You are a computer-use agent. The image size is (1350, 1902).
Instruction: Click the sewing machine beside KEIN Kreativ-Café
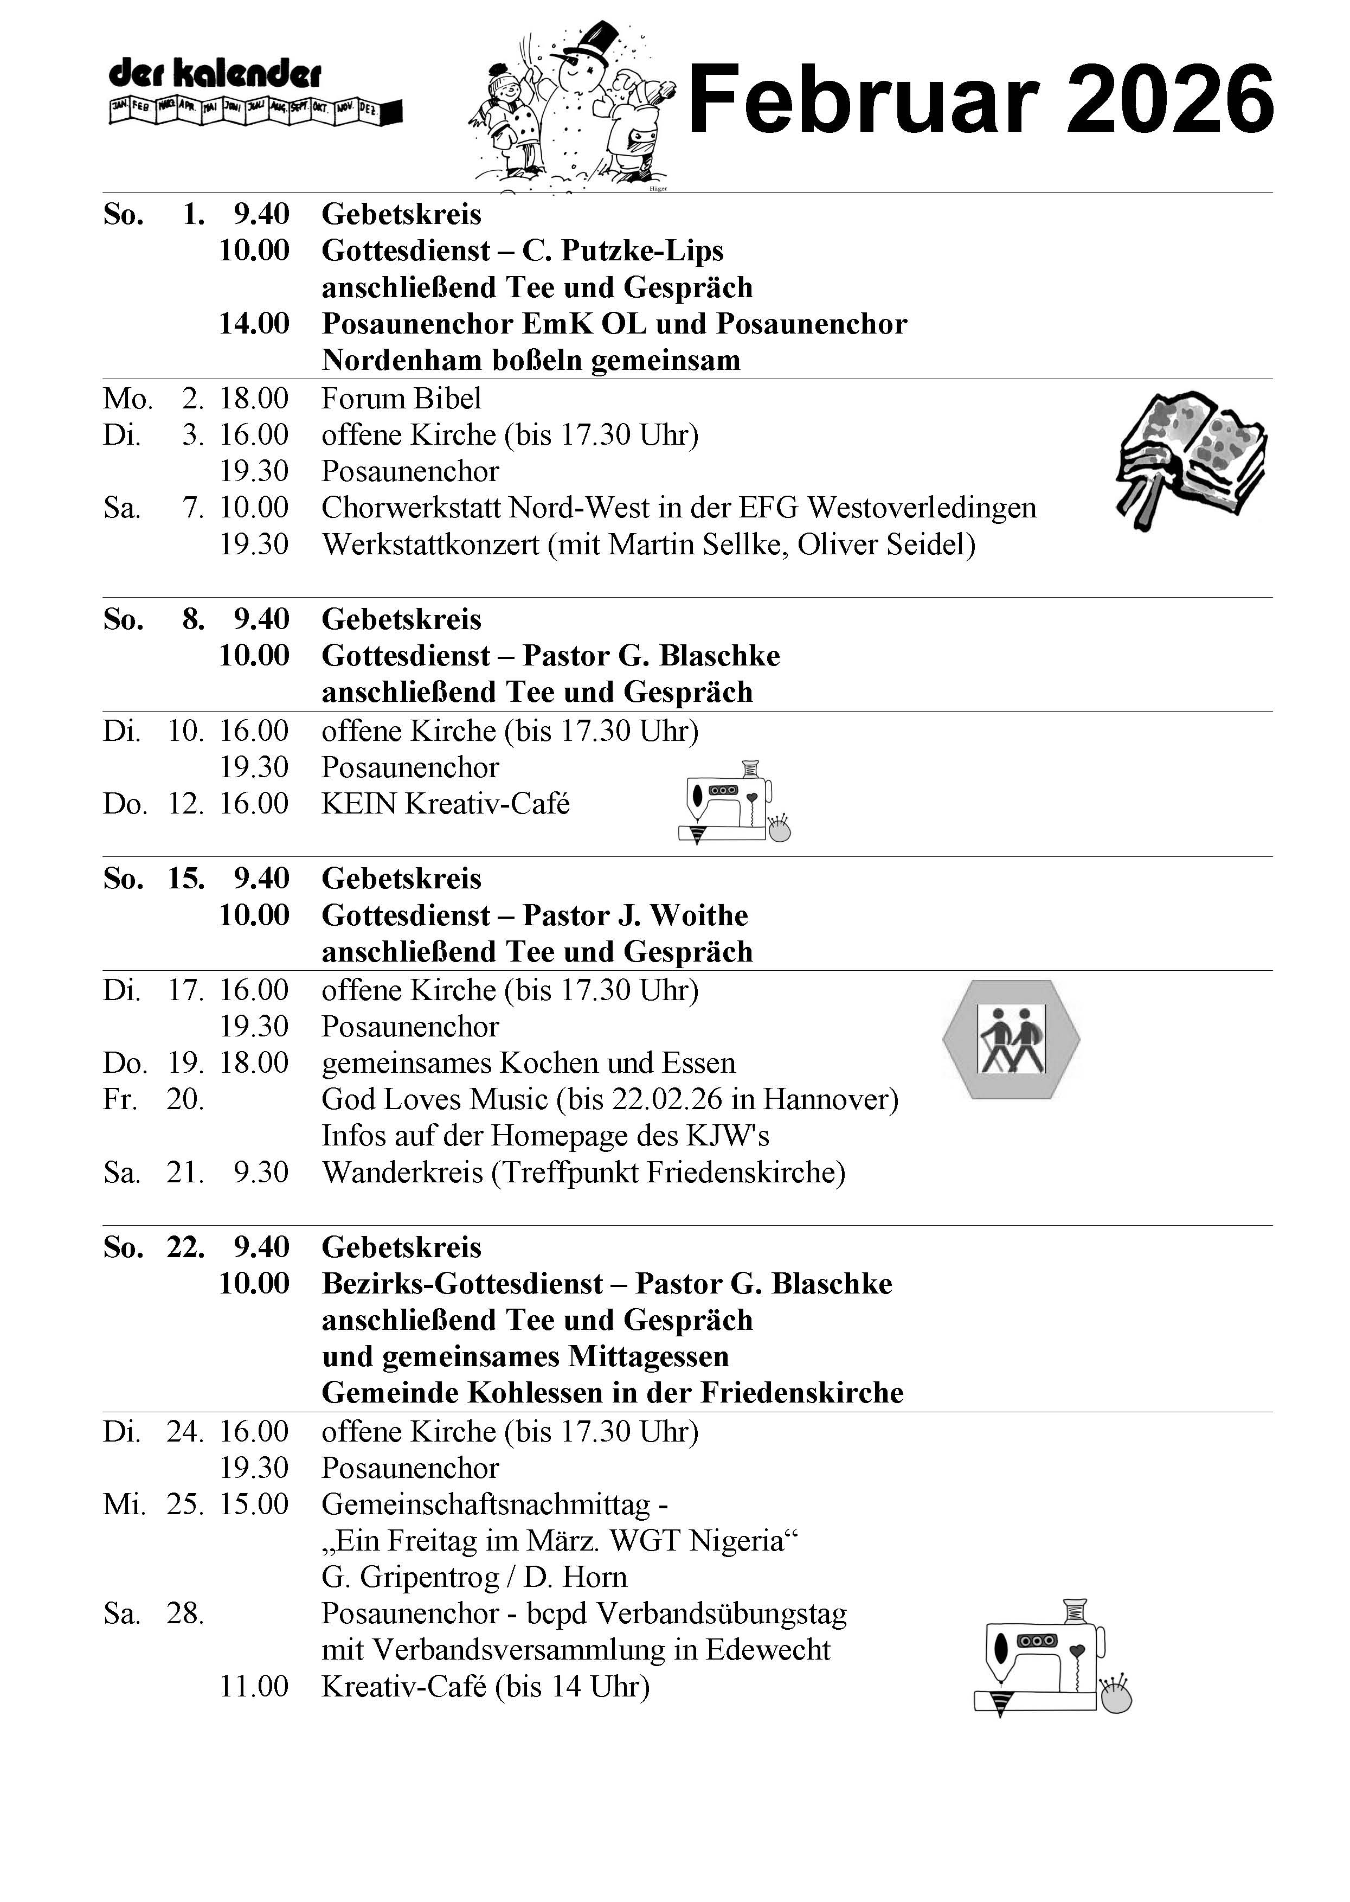click(x=733, y=802)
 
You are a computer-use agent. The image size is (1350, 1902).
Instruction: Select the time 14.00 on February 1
click(x=254, y=323)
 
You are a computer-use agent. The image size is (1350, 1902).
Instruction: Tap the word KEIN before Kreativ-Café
click(x=359, y=804)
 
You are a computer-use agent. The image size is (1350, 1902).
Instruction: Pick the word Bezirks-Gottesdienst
click(x=462, y=1284)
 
